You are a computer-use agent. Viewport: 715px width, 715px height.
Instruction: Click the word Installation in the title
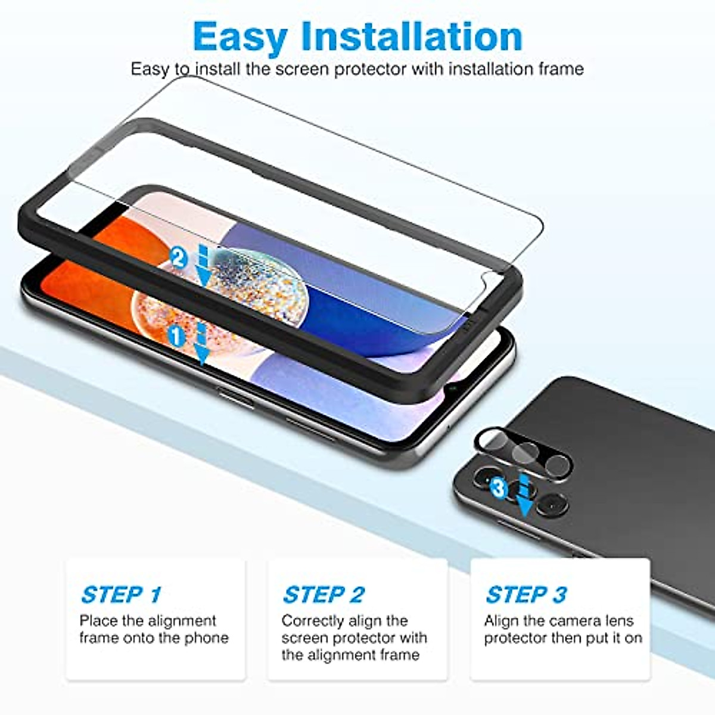pyautogui.click(x=412, y=36)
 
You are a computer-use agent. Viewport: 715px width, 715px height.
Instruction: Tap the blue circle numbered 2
pyautogui.click(x=178, y=257)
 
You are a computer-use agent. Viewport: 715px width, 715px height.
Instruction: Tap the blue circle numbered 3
pyautogui.click(x=499, y=489)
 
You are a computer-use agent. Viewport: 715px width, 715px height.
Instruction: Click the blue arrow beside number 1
pyautogui.click(x=203, y=345)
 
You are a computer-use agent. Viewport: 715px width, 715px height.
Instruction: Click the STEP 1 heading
pyautogui.click(x=121, y=595)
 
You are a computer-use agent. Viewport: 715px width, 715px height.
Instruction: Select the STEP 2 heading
pyautogui.click(x=324, y=595)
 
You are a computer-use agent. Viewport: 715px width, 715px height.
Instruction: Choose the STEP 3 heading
pyautogui.click(x=526, y=595)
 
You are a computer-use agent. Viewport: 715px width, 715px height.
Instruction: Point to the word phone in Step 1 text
pyautogui.click(x=206, y=638)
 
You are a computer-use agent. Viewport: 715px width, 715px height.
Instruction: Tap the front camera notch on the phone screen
pyautogui.click(x=454, y=390)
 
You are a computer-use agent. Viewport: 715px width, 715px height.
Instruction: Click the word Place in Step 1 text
pyautogui.click(x=98, y=621)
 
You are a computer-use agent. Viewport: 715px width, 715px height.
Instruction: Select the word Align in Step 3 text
pyautogui.click(x=502, y=621)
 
